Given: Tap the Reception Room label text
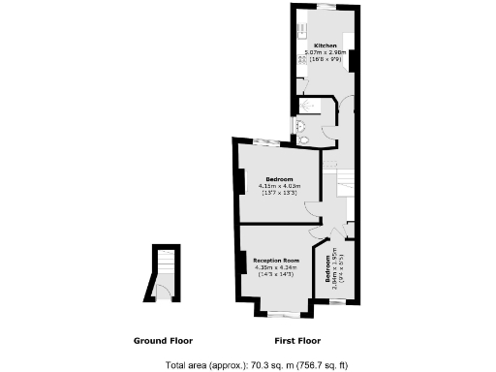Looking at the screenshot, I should (x=276, y=261).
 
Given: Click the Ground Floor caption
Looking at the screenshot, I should (x=163, y=341).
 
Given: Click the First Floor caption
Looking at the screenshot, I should (x=297, y=341).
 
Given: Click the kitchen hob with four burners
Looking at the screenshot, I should (x=301, y=60).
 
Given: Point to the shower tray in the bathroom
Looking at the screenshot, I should (x=315, y=106).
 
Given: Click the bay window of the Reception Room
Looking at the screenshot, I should (x=283, y=313).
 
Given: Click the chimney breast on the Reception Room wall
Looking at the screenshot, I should (x=238, y=262).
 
